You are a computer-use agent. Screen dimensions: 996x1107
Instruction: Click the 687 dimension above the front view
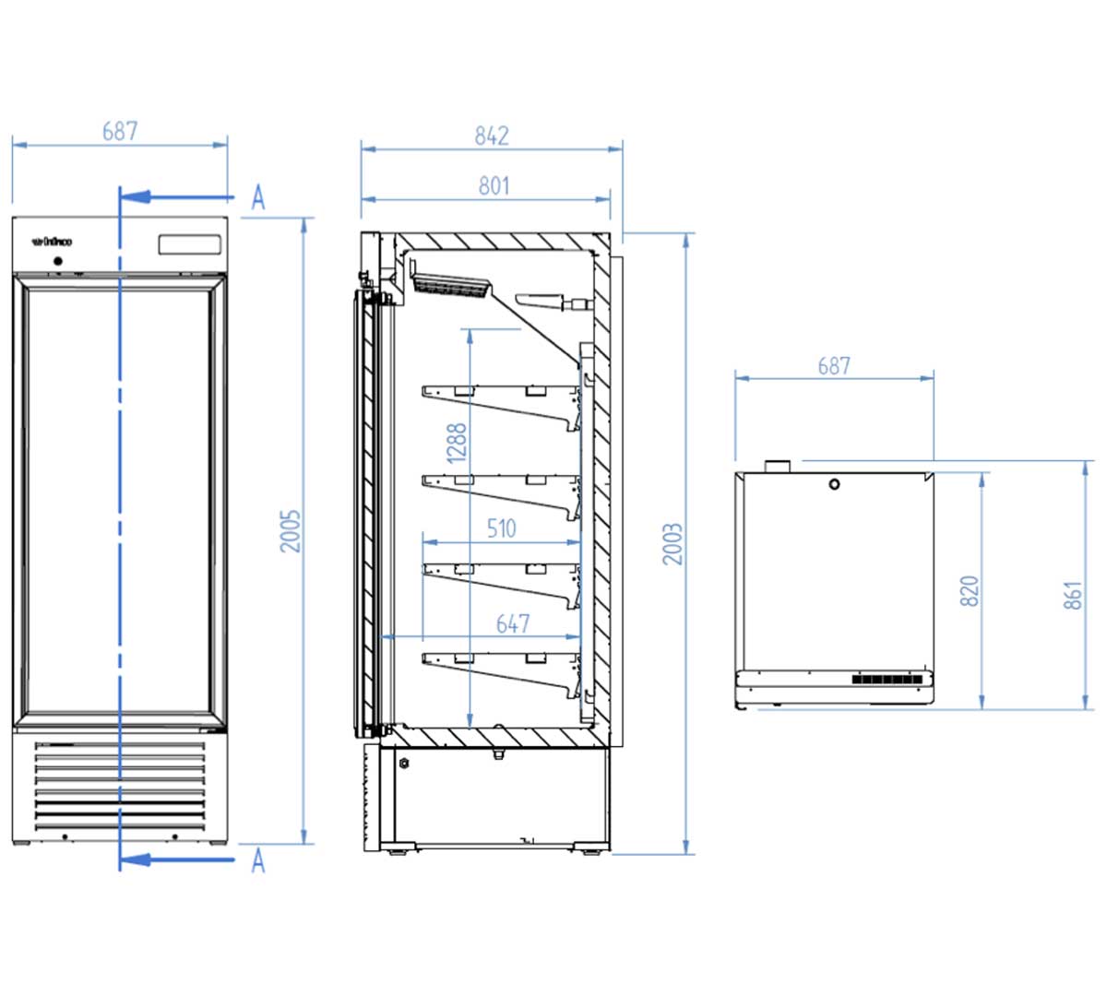120,131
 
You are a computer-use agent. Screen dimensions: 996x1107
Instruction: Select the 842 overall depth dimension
492,136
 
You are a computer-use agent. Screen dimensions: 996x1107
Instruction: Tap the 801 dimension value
494,185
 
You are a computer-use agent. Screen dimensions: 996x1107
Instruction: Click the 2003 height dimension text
673,543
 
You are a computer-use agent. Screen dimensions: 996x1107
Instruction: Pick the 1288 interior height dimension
457,444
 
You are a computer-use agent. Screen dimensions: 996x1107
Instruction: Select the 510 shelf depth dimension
501,528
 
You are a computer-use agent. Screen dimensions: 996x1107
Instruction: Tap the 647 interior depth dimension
513,624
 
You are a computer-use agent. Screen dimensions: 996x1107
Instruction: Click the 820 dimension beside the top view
970,590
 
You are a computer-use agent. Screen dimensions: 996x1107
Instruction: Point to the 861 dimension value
1073,595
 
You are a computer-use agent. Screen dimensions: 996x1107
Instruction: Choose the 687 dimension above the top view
834,366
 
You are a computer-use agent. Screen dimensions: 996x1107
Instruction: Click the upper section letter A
258,196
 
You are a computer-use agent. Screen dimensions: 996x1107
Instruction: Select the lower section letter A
258,860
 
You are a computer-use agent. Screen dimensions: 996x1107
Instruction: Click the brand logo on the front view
52,243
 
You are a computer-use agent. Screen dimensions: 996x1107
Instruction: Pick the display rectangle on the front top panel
189,244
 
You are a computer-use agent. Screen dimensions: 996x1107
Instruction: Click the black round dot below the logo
59,261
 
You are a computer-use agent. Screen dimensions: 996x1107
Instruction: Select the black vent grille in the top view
887,680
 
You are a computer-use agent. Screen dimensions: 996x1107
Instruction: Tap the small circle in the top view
834,484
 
